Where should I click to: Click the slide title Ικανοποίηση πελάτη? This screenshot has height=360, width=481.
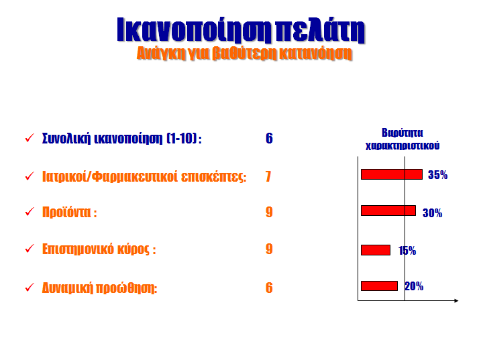click(241, 29)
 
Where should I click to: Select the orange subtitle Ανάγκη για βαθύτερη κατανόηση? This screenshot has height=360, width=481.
click(244, 54)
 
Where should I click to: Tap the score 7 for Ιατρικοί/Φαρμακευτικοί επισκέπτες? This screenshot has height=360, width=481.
click(268, 176)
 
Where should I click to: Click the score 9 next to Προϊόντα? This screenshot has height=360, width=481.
click(269, 212)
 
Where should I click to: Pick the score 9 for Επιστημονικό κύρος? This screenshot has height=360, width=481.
click(269, 249)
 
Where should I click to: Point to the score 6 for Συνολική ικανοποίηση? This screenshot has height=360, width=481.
click(269, 138)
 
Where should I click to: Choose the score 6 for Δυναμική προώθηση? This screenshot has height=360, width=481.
click(269, 288)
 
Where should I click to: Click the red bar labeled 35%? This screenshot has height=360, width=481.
click(392, 174)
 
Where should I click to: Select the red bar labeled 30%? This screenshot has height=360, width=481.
click(388, 211)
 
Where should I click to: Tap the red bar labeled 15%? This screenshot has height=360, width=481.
click(376, 250)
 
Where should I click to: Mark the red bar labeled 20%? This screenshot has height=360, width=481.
click(380, 286)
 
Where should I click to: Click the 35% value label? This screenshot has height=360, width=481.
click(438, 175)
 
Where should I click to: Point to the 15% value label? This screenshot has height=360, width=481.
click(407, 251)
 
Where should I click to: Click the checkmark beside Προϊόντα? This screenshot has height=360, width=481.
click(30, 211)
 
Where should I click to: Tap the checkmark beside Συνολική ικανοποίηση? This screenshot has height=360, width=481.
click(30, 137)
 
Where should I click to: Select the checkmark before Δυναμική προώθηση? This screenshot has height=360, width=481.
click(30, 288)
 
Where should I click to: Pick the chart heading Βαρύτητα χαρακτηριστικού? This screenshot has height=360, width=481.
click(403, 139)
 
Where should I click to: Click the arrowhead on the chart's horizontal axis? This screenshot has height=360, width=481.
click(456, 300)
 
